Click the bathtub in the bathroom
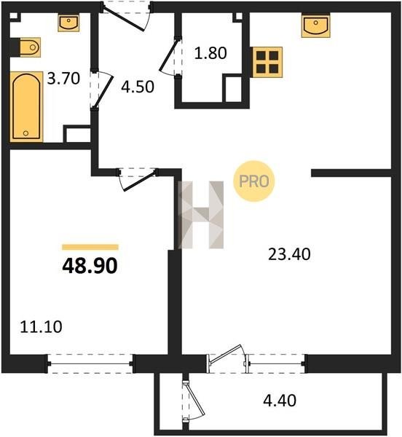pos(27,107)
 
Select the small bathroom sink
pos(68,23)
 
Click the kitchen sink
pos(316,26)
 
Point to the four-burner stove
pos(267,62)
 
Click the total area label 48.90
pos(90,266)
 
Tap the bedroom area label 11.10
pos(42,327)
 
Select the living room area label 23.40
pos(289,254)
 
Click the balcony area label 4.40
pos(280,401)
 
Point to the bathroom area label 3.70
pos(63,79)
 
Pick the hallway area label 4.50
pos(138,87)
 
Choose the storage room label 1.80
pos(210,53)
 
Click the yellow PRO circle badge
pos(254,181)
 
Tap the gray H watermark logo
pos(201,215)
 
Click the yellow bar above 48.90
pos(90,247)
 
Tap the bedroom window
pos(90,363)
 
